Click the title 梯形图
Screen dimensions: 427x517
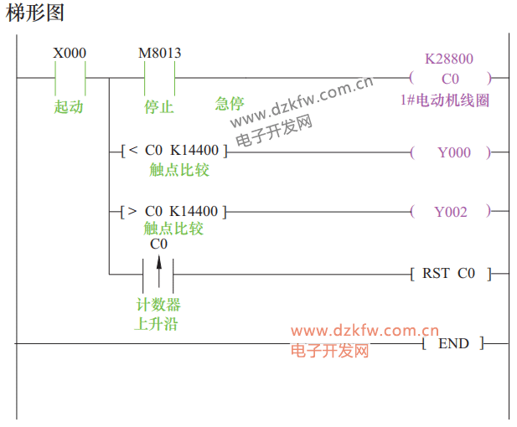coord(34,13)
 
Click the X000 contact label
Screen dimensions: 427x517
coord(69,53)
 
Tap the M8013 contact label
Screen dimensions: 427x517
coord(159,53)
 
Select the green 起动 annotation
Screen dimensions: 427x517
coord(69,106)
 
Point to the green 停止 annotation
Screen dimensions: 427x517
coord(159,106)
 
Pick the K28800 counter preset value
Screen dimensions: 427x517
coord(449,59)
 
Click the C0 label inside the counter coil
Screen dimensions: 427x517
coord(450,80)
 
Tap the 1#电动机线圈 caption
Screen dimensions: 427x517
coord(445,100)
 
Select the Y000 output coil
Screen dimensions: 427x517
coord(453,152)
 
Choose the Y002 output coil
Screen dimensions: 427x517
coord(451,212)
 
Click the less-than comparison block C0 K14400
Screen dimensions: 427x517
coord(173,152)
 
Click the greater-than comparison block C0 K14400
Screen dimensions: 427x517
coord(173,212)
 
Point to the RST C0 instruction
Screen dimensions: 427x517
coord(449,273)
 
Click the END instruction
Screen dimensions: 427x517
coord(453,343)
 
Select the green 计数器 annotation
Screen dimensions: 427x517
coord(158,305)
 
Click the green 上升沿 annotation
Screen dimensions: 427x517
coord(157,324)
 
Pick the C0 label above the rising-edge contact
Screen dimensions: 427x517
coord(158,244)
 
